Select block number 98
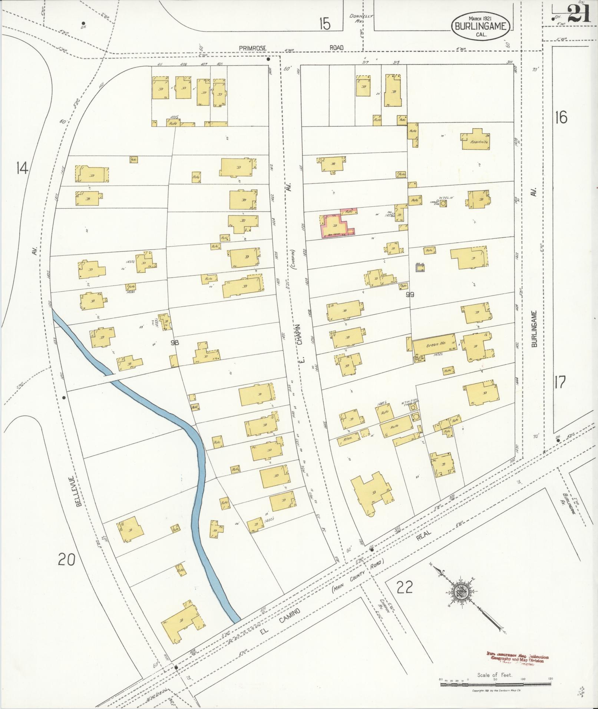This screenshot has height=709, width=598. [x=175, y=343]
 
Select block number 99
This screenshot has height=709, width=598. [x=410, y=295]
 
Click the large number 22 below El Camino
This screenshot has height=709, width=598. [x=404, y=587]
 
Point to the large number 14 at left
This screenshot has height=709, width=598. [x=22, y=169]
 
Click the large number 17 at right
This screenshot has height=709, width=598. [x=561, y=382]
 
